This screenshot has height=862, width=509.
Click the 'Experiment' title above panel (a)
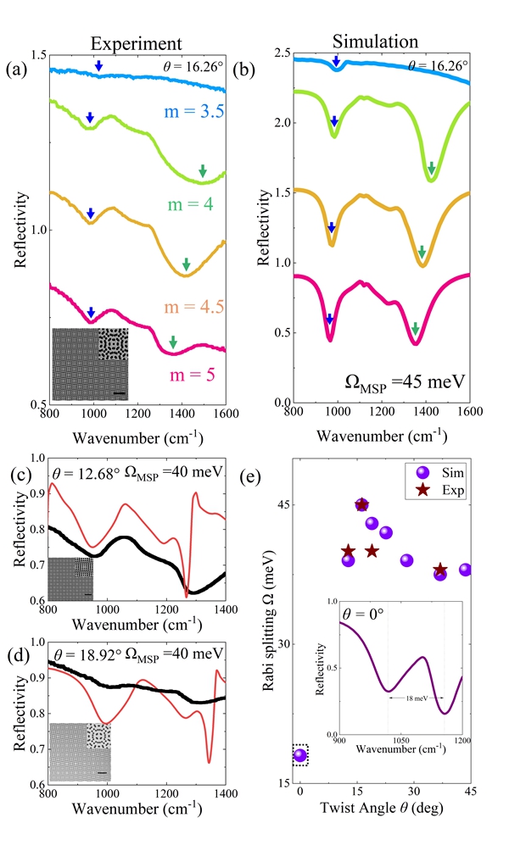pyautogui.click(x=137, y=43)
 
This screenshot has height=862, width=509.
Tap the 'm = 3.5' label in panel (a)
pyautogui.click(x=189, y=109)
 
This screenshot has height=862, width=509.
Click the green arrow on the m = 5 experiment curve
pyautogui.click(x=172, y=342)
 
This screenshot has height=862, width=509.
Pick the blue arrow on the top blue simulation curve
pyautogui.click(x=337, y=61)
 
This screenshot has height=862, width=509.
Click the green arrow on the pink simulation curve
pyautogui.click(x=415, y=328)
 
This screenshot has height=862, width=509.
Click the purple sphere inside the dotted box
pyautogui.click(x=299, y=755)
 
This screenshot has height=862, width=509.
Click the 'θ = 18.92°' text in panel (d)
pyautogui.click(x=80, y=653)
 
